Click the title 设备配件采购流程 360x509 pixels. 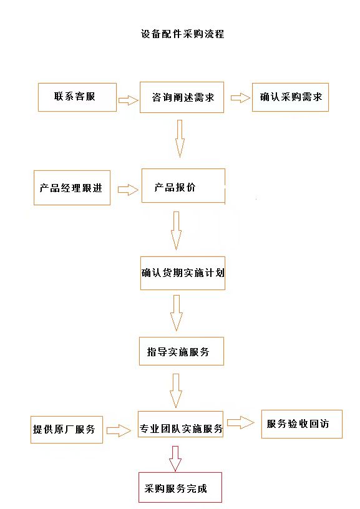(x=182, y=34)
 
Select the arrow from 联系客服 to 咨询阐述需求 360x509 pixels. (x=129, y=100)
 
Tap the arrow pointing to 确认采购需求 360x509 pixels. (x=241, y=98)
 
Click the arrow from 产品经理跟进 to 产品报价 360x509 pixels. (x=128, y=190)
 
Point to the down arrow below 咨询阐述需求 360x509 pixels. (x=180, y=138)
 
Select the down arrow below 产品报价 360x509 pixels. (x=177, y=231)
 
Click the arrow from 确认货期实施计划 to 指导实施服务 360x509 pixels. (x=177, y=313)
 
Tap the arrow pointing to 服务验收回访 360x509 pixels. (x=241, y=422)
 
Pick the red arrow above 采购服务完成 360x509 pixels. (x=175, y=458)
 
